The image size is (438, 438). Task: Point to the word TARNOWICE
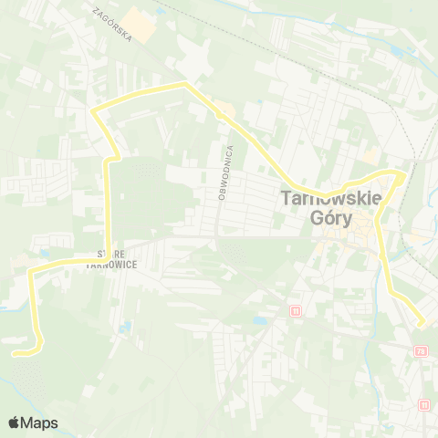point(111,265)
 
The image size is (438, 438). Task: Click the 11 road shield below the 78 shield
point(424,404)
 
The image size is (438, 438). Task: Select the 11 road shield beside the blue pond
point(295,311)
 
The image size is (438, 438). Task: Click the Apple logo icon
point(15,422)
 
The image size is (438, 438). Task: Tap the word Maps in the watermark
point(40,422)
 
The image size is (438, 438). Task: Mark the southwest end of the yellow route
point(16,351)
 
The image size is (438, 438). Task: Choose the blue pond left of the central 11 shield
point(261,321)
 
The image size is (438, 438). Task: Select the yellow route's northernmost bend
point(185,84)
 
